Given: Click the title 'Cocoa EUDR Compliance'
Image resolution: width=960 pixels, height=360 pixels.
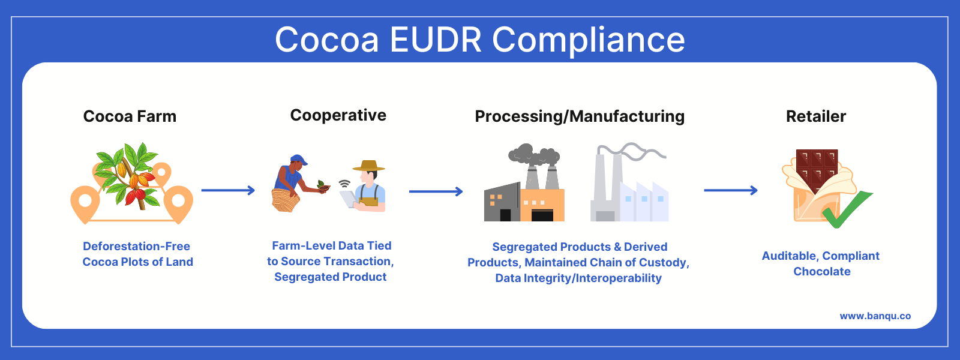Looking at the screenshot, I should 480,40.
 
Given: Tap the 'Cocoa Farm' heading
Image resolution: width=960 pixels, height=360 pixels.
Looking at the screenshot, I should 130,116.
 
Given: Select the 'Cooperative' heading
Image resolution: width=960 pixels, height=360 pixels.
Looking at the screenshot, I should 338,115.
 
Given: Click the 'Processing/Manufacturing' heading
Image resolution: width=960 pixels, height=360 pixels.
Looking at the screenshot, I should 580,116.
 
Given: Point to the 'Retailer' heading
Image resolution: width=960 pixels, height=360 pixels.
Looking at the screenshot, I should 816,116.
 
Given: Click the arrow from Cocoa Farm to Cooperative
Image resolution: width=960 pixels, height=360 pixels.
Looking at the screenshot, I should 228,191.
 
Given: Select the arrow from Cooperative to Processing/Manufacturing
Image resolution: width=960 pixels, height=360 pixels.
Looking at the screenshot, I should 436,192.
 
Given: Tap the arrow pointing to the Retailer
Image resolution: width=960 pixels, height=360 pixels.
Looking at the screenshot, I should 730,191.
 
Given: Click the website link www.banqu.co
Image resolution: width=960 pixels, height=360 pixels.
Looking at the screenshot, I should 875,316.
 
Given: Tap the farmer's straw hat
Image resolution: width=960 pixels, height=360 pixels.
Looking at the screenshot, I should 368,166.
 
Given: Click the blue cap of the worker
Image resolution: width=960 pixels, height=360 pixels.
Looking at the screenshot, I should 298,160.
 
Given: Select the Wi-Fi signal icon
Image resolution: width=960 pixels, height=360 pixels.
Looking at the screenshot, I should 344,183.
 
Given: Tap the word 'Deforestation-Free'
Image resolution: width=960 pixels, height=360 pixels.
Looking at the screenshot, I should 136,246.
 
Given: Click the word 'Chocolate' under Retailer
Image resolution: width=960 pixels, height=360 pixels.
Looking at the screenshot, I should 821,271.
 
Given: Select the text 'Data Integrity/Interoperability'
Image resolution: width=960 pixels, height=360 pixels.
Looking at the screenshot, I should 578,278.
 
